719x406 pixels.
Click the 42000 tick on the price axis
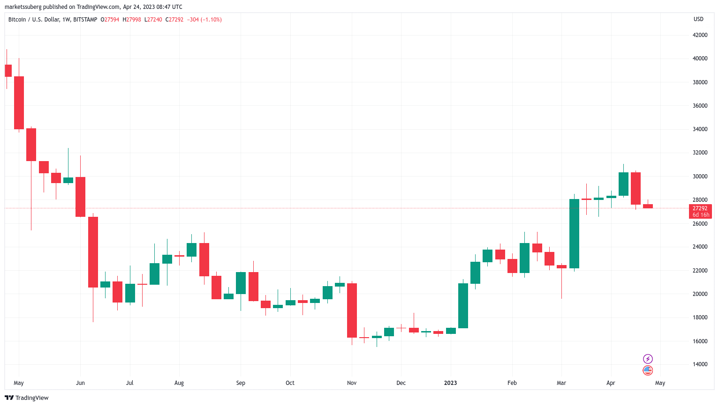(700, 35)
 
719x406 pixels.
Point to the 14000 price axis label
(700, 364)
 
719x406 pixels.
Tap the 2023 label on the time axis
(450, 383)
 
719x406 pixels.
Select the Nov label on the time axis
(352, 383)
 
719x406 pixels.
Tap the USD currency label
(698, 19)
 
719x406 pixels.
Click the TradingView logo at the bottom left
(27, 398)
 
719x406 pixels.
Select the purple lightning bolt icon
(648, 359)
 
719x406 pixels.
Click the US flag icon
(648, 370)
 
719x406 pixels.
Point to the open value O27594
(110, 20)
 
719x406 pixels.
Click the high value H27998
(132, 20)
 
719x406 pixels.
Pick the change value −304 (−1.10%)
(204, 20)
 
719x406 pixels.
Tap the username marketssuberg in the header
(23, 7)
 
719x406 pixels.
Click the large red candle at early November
(352, 310)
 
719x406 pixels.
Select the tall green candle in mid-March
(574, 234)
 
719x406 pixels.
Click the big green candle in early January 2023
(463, 305)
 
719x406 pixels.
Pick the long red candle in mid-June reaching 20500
(93, 252)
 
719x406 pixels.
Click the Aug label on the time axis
(179, 383)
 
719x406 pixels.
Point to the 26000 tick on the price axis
(700, 223)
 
